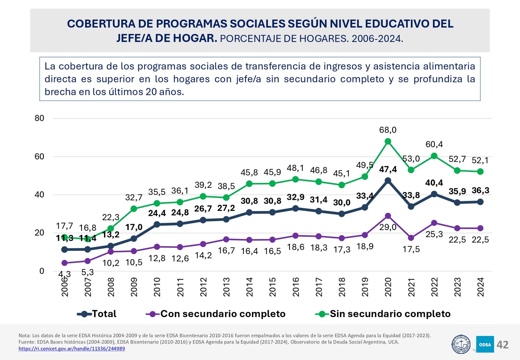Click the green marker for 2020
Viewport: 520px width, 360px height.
(388, 141)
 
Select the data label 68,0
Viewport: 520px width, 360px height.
(388, 130)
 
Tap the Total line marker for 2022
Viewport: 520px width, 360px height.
(434, 194)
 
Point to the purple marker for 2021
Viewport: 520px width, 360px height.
(411, 238)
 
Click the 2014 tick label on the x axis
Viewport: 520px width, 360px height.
(250, 287)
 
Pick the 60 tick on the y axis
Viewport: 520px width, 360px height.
(39, 157)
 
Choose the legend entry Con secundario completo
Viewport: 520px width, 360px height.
(223, 314)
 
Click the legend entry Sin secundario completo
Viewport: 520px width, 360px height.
(390, 314)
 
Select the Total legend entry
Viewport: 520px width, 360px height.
(104, 314)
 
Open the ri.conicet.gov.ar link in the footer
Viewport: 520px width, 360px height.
(71, 349)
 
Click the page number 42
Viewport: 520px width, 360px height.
(502, 345)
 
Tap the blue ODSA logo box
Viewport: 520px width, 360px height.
(485, 344)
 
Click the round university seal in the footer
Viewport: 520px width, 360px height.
(461, 344)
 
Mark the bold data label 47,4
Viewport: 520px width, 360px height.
(388, 169)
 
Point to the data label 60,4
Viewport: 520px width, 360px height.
(434, 144)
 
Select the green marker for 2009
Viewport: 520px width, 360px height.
(134, 209)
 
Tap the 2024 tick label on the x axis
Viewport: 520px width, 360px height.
(480, 287)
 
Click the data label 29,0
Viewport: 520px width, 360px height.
(388, 227)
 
